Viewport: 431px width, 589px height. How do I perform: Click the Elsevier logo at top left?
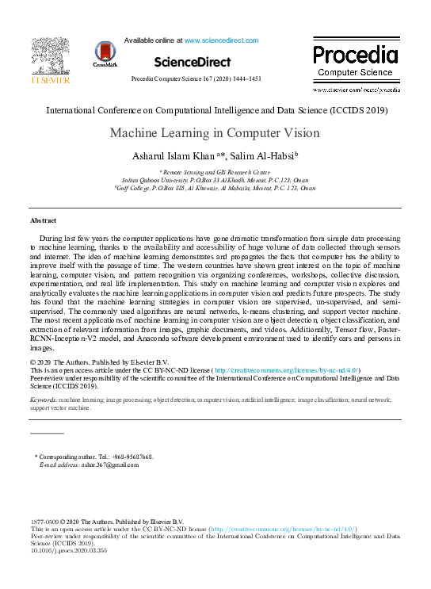tap(49, 59)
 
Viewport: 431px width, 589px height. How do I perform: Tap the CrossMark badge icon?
tap(105, 54)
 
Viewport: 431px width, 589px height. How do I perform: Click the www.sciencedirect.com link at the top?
tap(221, 40)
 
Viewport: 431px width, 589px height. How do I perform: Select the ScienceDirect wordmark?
tap(193, 62)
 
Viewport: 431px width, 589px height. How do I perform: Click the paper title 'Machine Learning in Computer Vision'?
tap(215, 132)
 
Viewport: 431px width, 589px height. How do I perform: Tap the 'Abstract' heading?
tap(43, 220)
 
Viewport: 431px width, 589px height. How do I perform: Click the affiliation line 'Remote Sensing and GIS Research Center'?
tap(215, 172)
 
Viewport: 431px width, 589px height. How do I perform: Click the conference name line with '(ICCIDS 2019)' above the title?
tap(215, 111)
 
